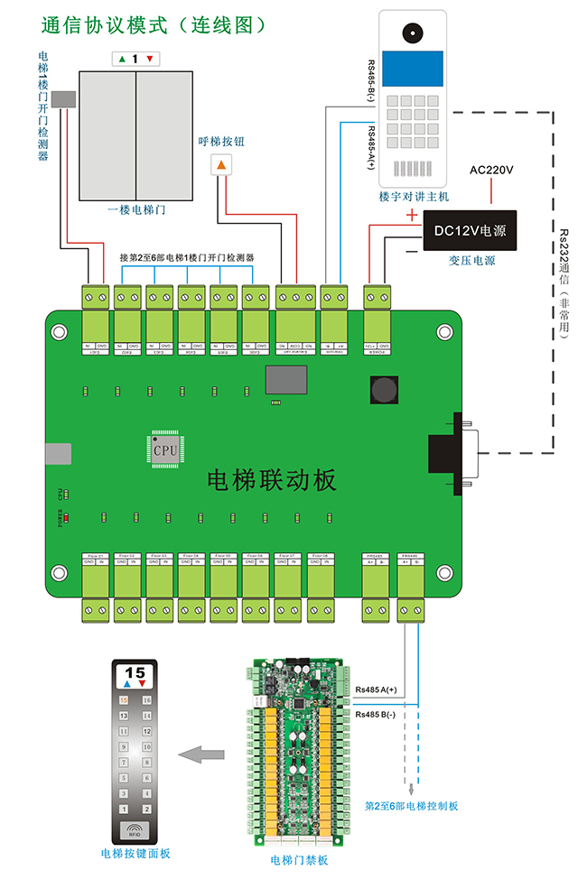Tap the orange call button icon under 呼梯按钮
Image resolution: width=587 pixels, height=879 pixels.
click(x=221, y=165)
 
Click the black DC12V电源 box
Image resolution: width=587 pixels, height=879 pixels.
click(x=470, y=231)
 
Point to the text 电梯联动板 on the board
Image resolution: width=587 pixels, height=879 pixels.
click(x=271, y=479)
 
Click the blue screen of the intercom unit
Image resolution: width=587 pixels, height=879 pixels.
click(x=412, y=69)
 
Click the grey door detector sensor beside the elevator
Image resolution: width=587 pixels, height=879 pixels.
click(x=63, y=99)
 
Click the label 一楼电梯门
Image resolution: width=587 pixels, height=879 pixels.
click(x=136, y=210)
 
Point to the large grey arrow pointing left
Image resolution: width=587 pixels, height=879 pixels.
click(x=201, y=754)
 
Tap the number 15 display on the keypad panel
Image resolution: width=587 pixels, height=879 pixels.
click(x=135, y=672)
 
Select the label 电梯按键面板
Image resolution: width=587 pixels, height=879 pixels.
click(x=135, y=853)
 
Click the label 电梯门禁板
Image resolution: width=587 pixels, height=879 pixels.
click(x=299, y=860)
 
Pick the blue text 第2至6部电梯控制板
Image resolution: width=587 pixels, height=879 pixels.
click(x=411, y=805)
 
